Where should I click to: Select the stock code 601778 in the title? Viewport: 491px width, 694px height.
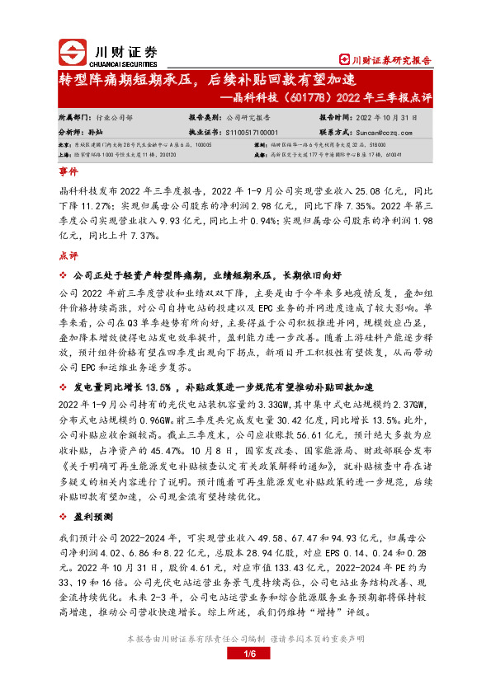pos(299,97)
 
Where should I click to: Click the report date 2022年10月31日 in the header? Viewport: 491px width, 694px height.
pos(391,118)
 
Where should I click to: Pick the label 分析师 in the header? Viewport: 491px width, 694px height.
pos(72,131)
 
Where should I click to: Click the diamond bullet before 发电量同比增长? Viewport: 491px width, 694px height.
pos(63,387)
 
